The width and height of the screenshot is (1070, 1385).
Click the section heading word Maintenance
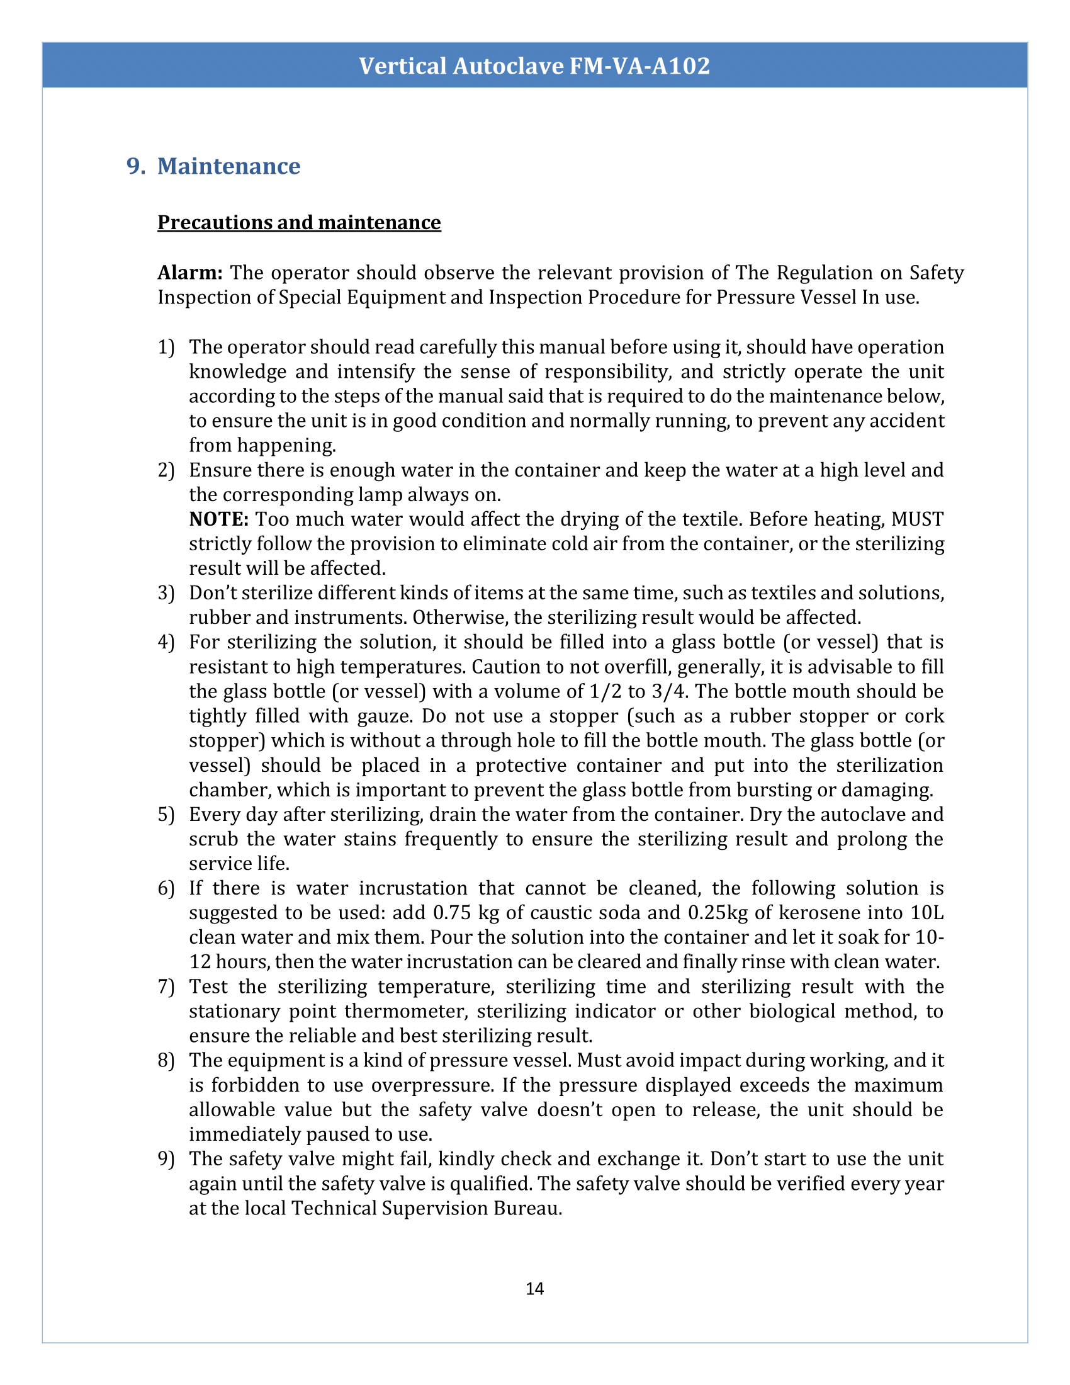pos(228,166)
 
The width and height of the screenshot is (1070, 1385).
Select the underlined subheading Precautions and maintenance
pos(298,223)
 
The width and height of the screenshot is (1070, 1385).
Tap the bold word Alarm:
pos(189,273)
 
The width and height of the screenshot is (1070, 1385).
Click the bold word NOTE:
pos(218,519)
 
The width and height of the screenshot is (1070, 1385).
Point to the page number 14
pos(534,1289)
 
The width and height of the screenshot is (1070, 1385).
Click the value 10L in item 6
pos(927,913)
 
